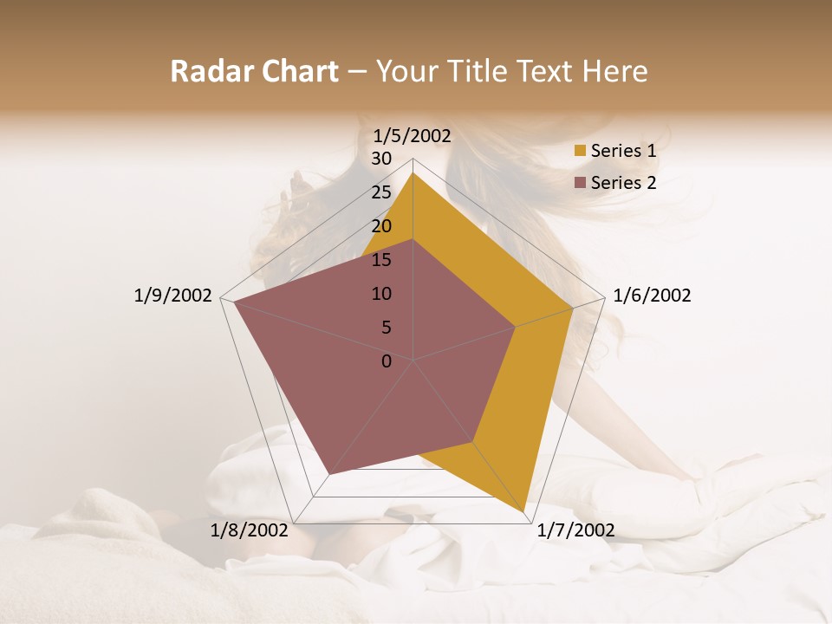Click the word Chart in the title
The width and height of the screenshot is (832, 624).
pyautogui.click(x=296, y=71)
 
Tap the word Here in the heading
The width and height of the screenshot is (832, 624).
pyautogui.click(x=615, y=71)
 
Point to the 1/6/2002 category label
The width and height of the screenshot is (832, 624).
pyautogui.click(x=652, y=296)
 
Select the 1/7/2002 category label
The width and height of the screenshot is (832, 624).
pyautogui.click(x=575, y=530)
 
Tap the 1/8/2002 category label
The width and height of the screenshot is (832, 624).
pyautogui.click(x=250, y=530)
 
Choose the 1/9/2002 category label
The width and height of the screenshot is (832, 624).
pyautogui.click(x=173, y=296)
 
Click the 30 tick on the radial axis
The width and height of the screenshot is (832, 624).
pyautogui.click(x=381, y=159)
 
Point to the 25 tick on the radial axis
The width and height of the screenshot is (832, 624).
pyautogui.click(x=381, y=192)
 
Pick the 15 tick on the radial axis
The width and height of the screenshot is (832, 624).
pyautogui.click(x=381, y=260)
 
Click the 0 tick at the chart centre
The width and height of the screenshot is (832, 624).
pyautogui.click(x=387, y=361)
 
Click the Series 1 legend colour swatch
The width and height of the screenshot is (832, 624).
pyautogui.click(x=581, y=151)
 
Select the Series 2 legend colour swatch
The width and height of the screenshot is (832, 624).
pyautogui.click(x=581, y=183)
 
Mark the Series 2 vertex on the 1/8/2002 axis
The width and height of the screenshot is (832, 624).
pyautogui.click(x=329, y=473)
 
